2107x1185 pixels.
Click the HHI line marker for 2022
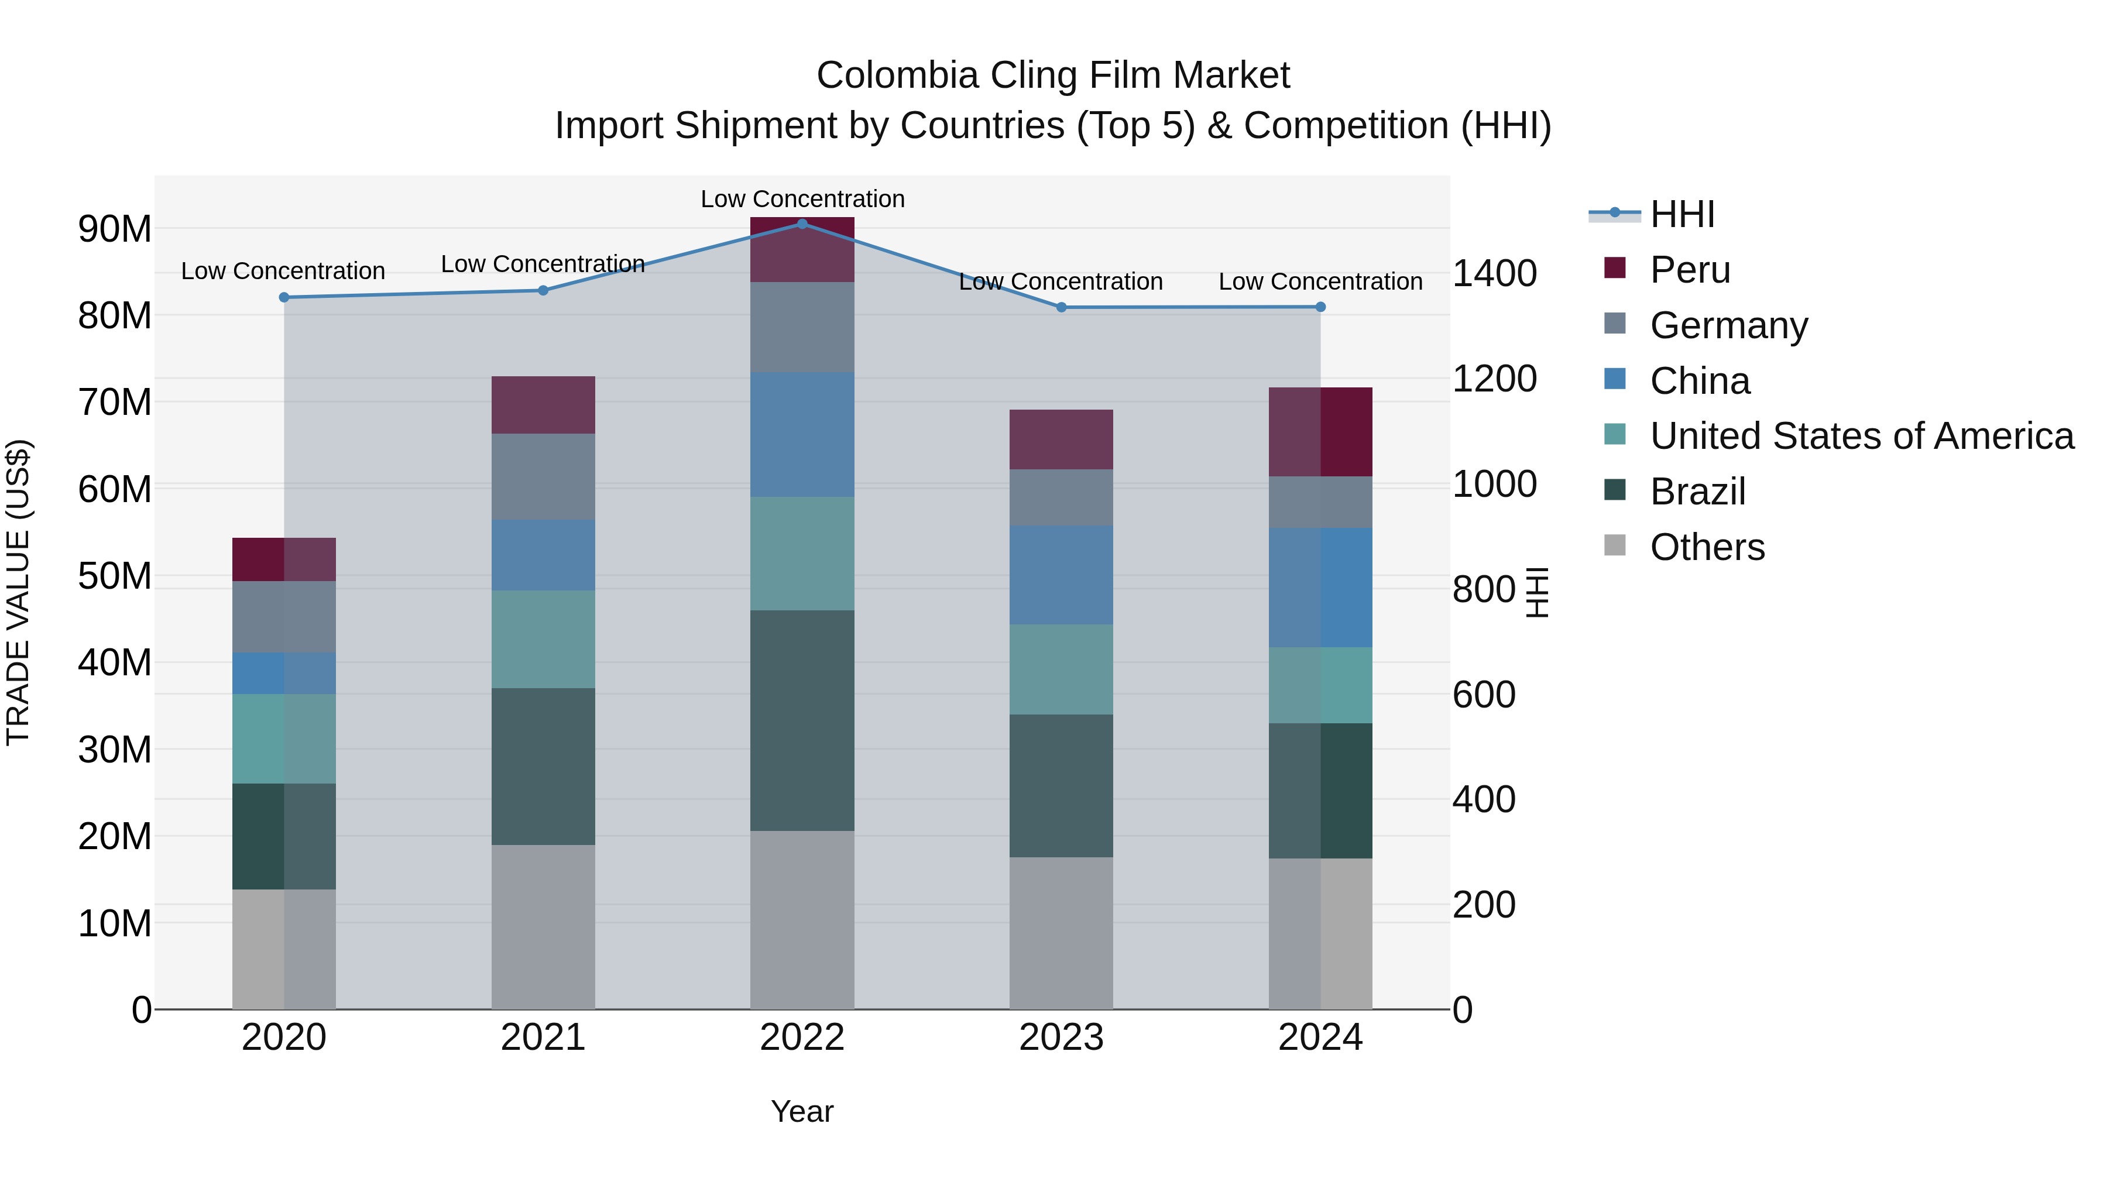point(802,224)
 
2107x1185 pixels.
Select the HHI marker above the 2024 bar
point(1320,307)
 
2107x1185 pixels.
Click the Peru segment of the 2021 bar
point(543,405)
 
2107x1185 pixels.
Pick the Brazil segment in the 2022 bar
point(802,720)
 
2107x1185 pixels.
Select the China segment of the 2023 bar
point(1061,574)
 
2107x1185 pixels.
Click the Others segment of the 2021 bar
point(543,926)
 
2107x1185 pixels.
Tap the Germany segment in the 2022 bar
point(802,327)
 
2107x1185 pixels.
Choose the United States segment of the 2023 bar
point(1061,669)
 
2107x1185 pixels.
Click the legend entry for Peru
point(1690,270)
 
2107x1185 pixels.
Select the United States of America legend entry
point(1862,436)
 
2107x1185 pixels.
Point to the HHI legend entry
point(1682,214)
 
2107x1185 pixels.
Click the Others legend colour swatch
point(1615,545)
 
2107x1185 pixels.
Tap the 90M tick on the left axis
point(115,229)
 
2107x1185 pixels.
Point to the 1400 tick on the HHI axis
point(1494,273)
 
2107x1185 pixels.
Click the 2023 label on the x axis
point(1061,1038)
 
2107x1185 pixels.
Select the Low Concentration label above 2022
point(802,199)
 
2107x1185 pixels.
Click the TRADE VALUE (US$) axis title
point(18,592)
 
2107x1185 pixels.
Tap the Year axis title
point(802,1111)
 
